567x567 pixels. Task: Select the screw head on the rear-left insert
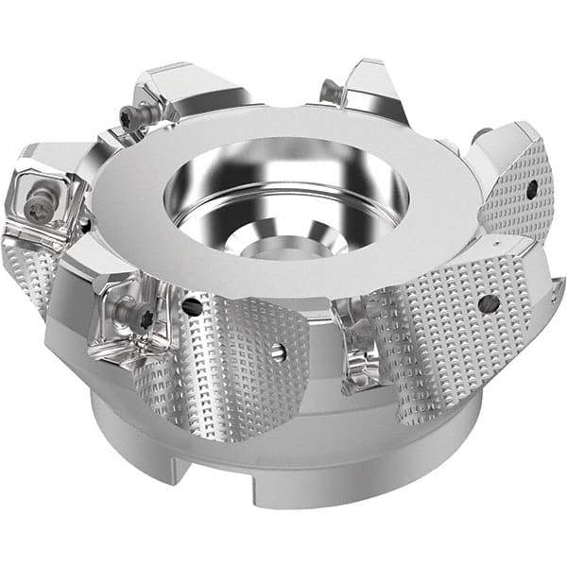point(128,116)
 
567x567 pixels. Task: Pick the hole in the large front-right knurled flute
point(490,304)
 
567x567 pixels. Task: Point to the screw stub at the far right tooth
point(480,134)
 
